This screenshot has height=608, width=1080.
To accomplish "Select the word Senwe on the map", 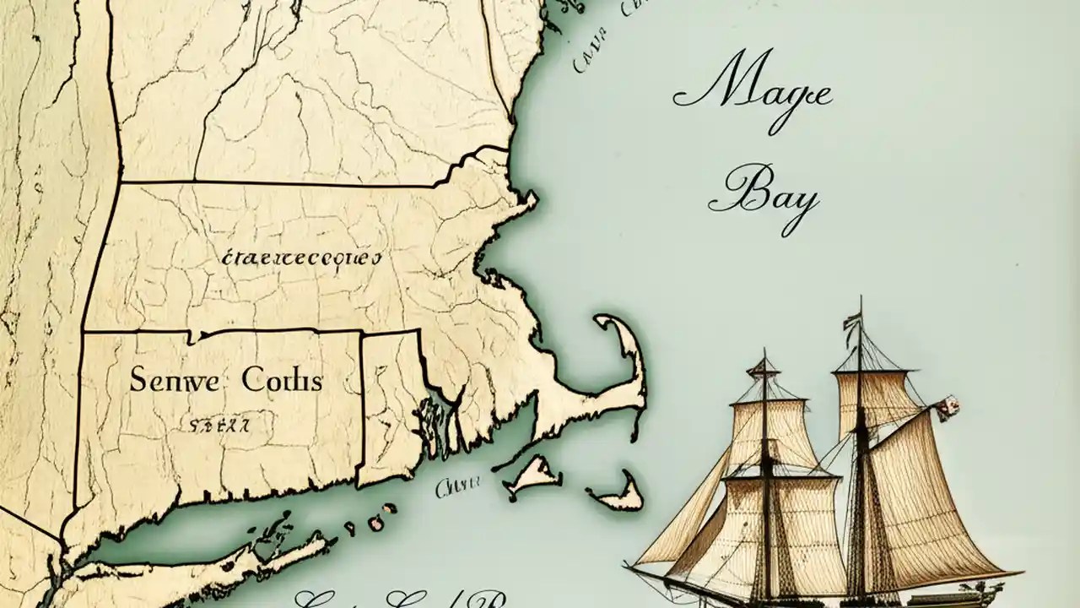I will (173, 380).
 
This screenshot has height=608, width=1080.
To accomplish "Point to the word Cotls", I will (282, 380).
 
